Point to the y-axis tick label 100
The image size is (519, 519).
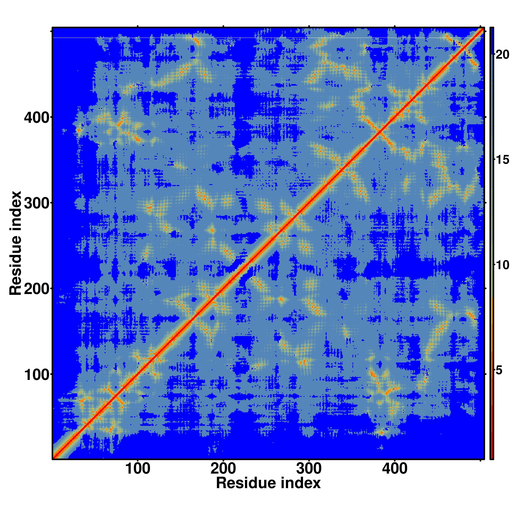(38, 374)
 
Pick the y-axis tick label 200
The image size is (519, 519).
(38, 289)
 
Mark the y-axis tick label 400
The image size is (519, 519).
(38, 117)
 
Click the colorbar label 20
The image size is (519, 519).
(502, 55)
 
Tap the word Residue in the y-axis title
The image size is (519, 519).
(15, 274)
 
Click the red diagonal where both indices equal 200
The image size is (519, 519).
(223, 289)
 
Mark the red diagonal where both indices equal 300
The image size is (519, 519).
(309, 203)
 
